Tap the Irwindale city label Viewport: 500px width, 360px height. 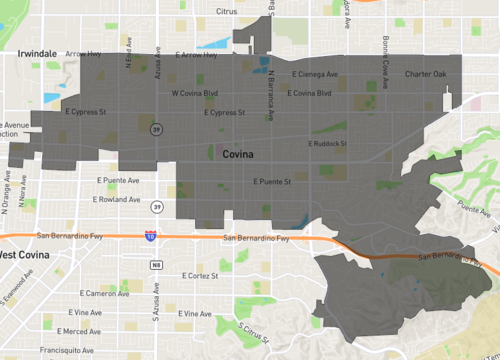37,55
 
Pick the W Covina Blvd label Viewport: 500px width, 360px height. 194,93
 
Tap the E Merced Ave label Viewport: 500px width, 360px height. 79,331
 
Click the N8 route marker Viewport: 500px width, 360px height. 157,264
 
